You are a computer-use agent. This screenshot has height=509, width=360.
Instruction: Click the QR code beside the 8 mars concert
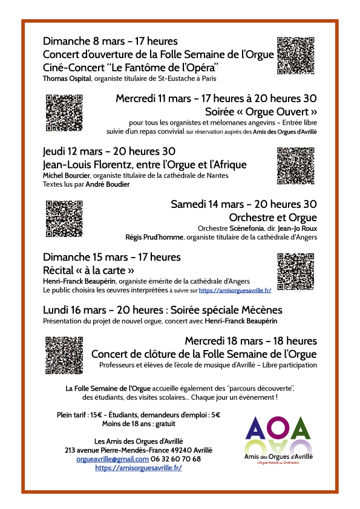click(296, 55)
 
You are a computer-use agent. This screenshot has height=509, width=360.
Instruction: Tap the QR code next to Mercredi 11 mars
click(64, 113)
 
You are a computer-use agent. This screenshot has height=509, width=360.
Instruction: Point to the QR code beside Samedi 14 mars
click(64, 218)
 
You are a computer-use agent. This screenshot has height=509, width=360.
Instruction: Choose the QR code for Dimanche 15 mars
click(296, 271)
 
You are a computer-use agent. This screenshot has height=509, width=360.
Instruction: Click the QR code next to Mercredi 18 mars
click(64, 353)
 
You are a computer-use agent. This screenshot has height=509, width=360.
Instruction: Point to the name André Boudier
click(107, 184)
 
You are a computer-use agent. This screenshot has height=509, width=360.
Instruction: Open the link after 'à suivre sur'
click(235, 290)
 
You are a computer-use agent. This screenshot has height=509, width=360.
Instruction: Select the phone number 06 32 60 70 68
click(176, 459)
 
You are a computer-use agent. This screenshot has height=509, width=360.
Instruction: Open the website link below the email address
click(139, 468)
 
